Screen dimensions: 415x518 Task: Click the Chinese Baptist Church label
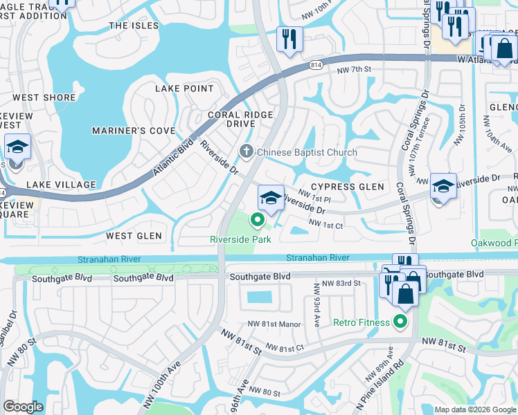(x=307, y=152)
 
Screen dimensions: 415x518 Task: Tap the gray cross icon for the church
(x=246, y=151)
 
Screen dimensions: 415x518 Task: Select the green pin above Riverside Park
(x=258, y=221)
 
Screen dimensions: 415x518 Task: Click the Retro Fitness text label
(x=362, y=322)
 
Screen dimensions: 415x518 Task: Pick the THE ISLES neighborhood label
(x=134, y=26)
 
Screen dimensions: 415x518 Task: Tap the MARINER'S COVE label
(x=134, y=131)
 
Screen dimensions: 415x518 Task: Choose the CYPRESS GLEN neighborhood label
(x=347, y=187)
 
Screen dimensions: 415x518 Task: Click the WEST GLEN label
(x=134, y=236)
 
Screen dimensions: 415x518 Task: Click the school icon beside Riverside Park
(x=271, y=198)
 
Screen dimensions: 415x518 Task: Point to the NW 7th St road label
(x=354, y=69)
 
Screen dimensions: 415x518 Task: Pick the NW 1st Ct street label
(x=325, y=224)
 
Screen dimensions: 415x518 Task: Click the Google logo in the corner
(x=23, y=406)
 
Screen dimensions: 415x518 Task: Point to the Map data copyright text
(x=474, y=409)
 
